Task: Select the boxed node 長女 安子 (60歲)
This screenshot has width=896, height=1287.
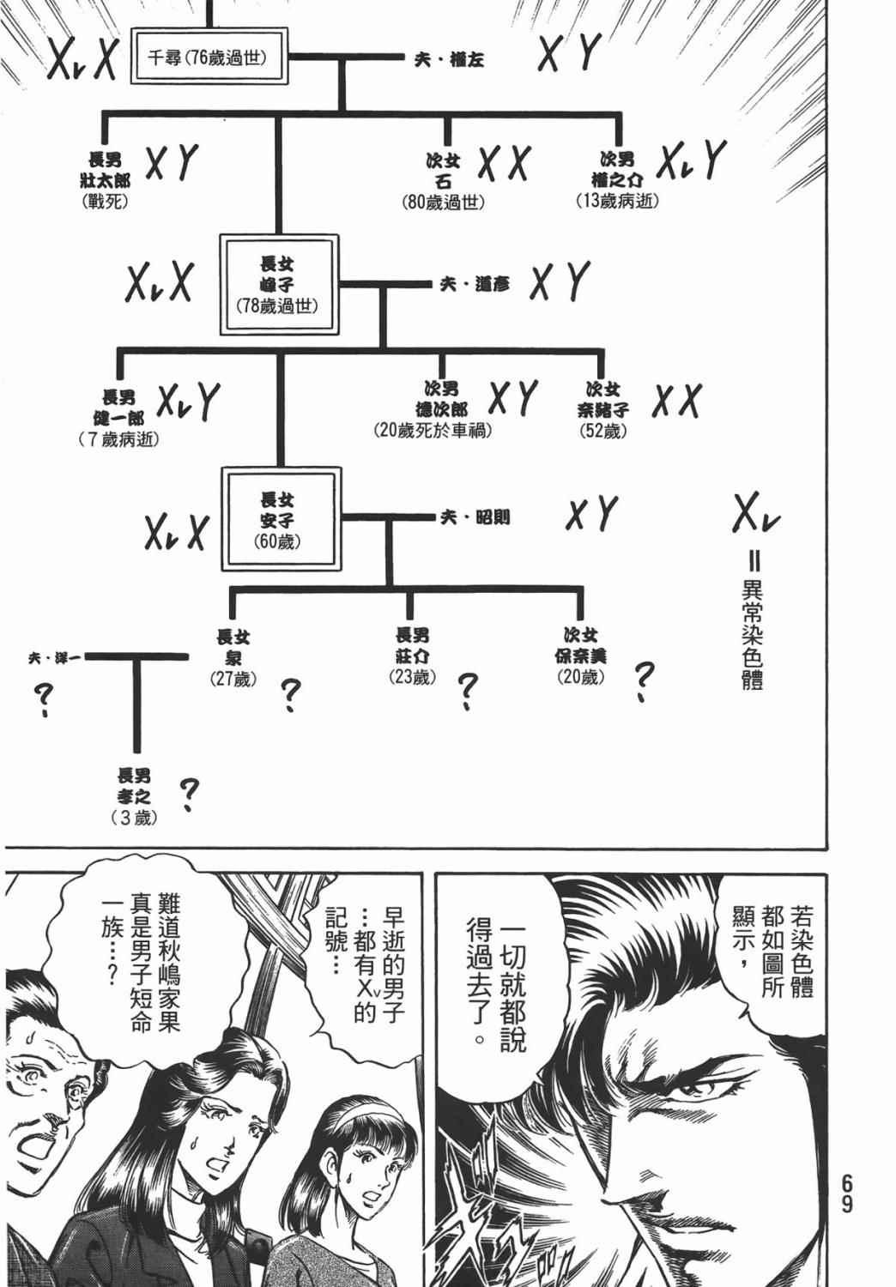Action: click(277, 518)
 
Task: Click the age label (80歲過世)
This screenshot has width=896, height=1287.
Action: click(443, 203)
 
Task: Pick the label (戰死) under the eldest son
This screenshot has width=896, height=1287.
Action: click(105, 203)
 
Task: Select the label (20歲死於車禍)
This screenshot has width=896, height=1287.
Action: click(433, 431)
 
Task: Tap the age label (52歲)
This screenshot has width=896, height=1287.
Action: click(603, 431)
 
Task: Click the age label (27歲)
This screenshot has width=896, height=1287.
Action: click(232, 679)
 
